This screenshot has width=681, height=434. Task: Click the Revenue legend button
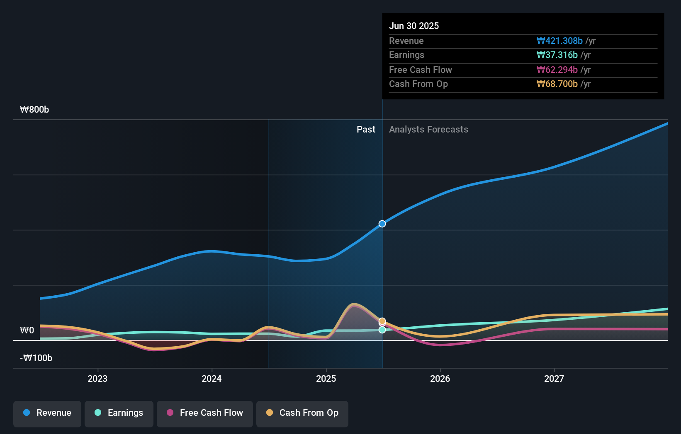(x=47, y=413)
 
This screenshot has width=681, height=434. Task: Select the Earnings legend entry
(x=119, y=413)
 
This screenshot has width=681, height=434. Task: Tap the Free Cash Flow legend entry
(x=205, y=413)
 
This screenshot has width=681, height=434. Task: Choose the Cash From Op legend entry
(x=302, y=413)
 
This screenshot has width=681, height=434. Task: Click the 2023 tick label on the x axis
(x=97, y=379)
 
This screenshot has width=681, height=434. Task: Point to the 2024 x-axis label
(x=212, y=379)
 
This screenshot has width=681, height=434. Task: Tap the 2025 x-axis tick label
(x=326, y=379)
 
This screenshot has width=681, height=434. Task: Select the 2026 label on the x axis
(x=440, y=379)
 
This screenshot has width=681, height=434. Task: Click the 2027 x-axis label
(x=554, y=379)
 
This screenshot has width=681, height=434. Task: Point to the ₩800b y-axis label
(x=34, y=109)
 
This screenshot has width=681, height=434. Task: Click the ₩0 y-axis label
(x=27, y=330)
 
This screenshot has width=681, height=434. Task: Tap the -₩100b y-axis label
(x=36, y=358)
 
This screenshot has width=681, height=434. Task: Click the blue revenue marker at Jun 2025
(x=382, y=224)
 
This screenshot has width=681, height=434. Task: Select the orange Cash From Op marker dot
(x=382, y=321)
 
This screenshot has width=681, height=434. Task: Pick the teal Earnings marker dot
(x=382, y=330)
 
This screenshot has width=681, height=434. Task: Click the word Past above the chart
(x=366, y=129)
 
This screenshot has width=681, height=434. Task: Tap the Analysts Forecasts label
(x=428, y=129)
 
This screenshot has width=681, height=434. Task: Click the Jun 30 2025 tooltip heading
(x=413, y=26)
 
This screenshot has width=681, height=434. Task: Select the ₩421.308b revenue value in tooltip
(x=559, y=41)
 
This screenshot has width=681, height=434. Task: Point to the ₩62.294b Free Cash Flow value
(x=557, y=70)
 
